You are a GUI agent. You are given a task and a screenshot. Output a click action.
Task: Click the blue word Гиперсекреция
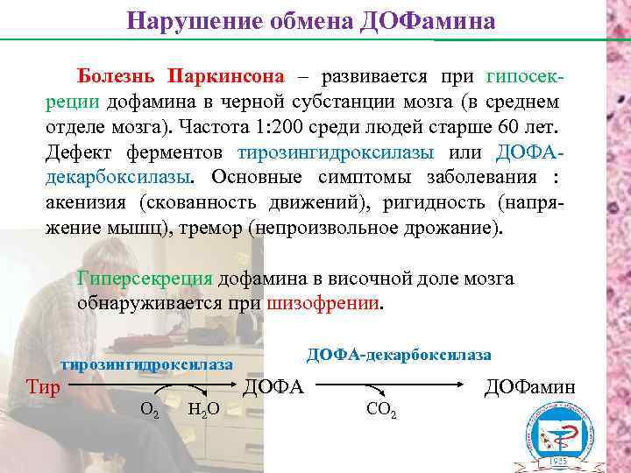click(x=145, y=279)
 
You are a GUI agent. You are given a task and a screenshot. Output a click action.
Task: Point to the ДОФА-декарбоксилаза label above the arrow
click(x=399, y=354)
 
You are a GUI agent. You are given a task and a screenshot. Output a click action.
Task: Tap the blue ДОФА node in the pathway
click(x=273, y=386)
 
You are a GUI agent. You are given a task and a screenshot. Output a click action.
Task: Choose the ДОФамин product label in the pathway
click(x=530, y=386)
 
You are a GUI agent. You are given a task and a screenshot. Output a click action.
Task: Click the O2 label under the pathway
click(x=150, y=409)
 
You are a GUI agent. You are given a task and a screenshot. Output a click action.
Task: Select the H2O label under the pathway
click(x=203, y=409)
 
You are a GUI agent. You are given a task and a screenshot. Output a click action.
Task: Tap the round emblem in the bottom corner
click(x=559, y=435)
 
